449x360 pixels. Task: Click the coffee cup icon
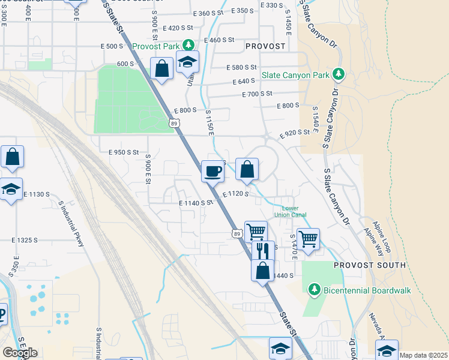click(x=212, y=172)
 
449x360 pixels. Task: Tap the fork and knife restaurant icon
click(x=262, y=250)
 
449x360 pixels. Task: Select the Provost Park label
click(x=157, y=46)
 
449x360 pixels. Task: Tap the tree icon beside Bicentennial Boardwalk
click(x=314, y=290)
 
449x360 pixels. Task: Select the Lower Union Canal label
click(x=290, y=212)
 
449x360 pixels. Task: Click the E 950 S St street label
click(x=119, y=152)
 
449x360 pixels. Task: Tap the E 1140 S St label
click(x=196, y=203)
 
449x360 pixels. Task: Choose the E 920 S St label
click(x=294, y=133)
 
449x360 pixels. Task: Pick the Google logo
click(x=19, y=353)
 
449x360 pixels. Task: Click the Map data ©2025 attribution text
click(x=423, y=356)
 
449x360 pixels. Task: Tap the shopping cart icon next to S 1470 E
click(x=308, y=239)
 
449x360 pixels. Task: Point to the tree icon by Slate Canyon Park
click(x=339, y=74)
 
